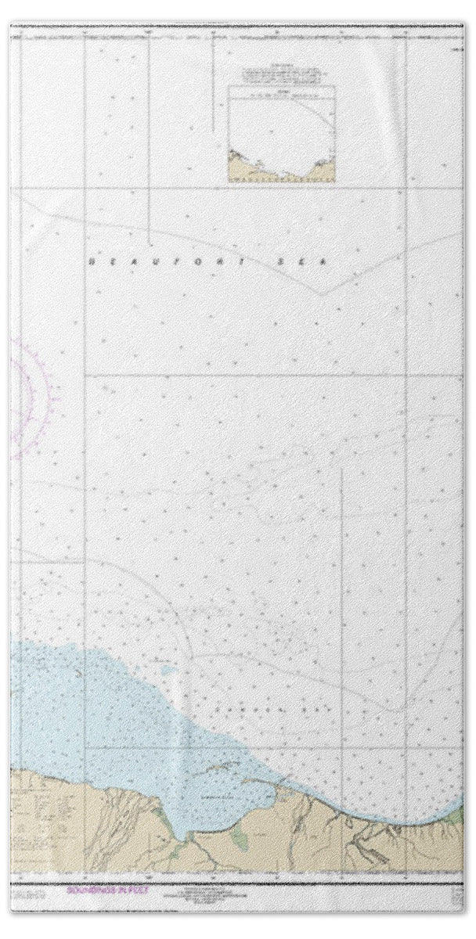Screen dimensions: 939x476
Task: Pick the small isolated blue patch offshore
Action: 165,670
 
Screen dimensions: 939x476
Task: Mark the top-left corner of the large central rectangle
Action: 85,375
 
